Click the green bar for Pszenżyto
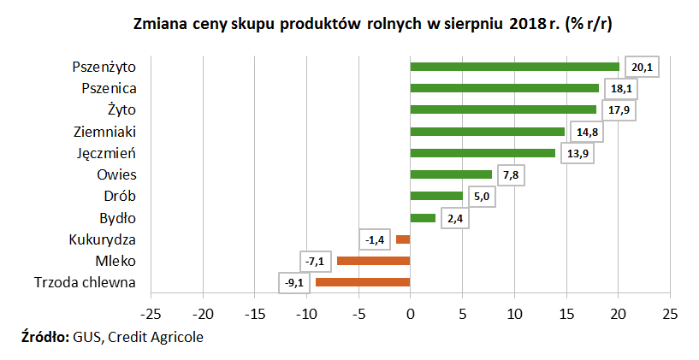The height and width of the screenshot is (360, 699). tap(514, 67)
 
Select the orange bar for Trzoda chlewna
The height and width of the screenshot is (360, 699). tap(363, 282)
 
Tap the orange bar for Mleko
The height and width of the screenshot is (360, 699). tap(373, 261)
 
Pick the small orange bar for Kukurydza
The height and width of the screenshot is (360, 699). tap(403, 239)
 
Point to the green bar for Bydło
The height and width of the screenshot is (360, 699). tap(423, 218)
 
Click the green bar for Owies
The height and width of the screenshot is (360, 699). tap(451, 174)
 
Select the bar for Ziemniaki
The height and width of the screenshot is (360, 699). tap(487, 132)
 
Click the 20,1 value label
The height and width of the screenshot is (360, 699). tap(642, 67)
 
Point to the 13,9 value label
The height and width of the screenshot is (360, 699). tap(576, 153)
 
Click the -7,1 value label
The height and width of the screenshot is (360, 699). tap(313, 261)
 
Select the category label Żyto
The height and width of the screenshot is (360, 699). tap(121, 109)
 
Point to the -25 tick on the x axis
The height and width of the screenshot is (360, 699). tap(151, 312)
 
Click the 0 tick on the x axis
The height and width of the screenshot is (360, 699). tap(411, 312)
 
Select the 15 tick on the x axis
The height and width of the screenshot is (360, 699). tap(566, 312)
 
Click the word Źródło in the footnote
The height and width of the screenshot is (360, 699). tap(44, 336)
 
